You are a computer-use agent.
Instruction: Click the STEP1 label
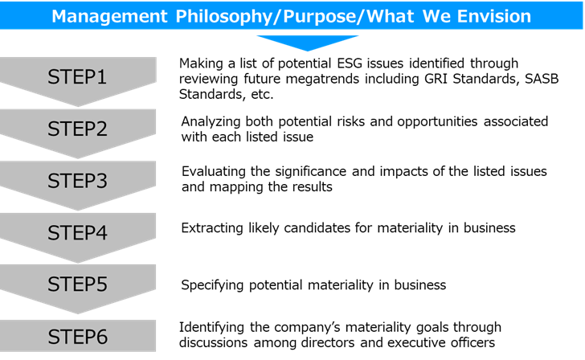pos(77,77)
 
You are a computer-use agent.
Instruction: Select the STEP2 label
pos(77,129)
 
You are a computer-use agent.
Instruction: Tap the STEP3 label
pos(77,181)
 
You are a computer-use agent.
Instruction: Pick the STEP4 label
pos(77,232)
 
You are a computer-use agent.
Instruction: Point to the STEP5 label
pos(77,284)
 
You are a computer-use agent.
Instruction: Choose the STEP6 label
pos(78,337)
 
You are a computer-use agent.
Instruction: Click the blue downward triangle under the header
pos(308,42)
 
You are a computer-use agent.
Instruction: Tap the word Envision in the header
pos(494,16)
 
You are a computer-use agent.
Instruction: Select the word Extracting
pos(212,228)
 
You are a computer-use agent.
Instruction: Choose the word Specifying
pos(212,286)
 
